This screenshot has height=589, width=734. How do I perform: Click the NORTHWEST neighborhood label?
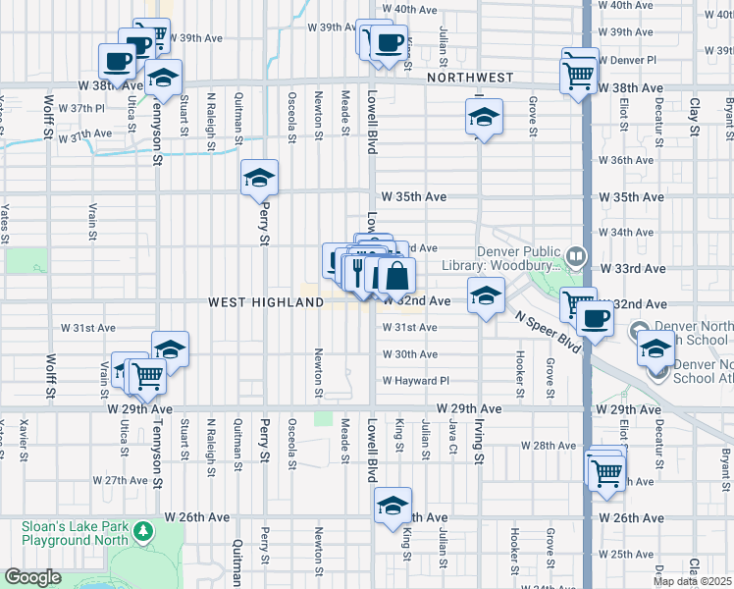point(469,77)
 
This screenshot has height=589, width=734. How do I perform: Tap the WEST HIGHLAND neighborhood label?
point(265,303)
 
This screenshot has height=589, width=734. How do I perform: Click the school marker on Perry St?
point(259,179)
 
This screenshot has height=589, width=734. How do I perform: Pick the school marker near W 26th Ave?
point(393,506)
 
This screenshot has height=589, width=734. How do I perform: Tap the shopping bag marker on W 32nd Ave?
point(396,277)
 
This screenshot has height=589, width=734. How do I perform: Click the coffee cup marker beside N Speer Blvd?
point(594,317)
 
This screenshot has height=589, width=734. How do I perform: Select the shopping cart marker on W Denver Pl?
point(579,72)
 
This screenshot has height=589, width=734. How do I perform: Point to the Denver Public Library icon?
point(577,257)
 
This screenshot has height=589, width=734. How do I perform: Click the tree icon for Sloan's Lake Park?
point(144,531)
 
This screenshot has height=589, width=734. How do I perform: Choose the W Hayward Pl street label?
point(415,381)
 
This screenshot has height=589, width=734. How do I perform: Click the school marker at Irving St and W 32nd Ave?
point(485,294)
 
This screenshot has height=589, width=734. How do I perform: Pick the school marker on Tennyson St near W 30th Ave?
point(170,349)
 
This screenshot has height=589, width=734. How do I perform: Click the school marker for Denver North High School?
point(655,347)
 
